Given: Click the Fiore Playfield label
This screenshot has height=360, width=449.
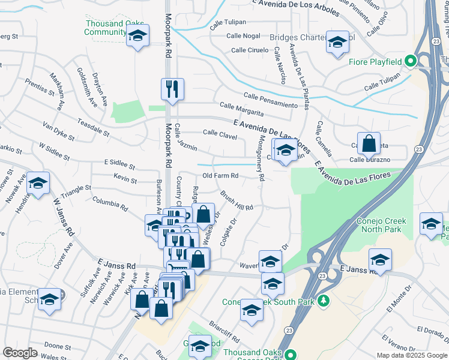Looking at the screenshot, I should (375, 62).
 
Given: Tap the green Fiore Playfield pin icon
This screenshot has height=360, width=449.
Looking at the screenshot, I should (411, 61).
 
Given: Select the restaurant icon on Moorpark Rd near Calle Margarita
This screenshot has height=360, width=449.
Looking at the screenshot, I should (172, 89).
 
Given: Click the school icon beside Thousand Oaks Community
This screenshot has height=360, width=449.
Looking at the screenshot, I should (138, 37).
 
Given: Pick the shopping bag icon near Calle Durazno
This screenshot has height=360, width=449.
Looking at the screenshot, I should (369, 144).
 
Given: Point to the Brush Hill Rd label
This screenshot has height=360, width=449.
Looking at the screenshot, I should (237, 201).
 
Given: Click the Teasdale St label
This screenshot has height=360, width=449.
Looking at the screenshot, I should (94, 127).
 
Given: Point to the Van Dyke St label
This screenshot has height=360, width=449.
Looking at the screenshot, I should (58, 131).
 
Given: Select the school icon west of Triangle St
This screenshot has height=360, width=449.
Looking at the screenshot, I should (38, 183).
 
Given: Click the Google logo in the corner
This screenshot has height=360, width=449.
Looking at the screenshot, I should (20, 353).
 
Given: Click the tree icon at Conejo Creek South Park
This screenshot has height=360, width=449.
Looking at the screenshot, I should (324, 301).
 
